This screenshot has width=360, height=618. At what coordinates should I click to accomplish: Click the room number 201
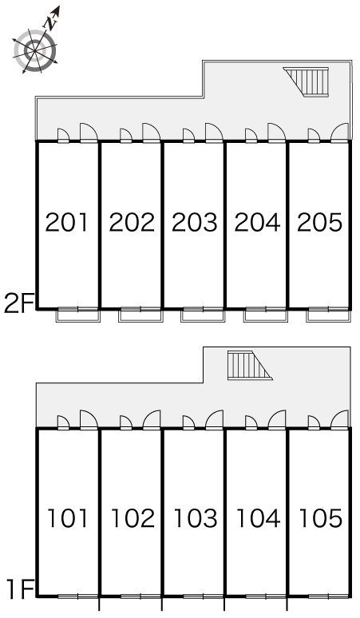pos(66,222)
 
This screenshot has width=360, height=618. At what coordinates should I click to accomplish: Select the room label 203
pos(195,222)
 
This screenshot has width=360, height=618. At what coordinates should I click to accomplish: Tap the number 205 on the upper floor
pos(319,222)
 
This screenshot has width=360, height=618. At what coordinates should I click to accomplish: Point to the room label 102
pos(133,518)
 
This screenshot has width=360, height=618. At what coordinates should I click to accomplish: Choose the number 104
pos(259,518)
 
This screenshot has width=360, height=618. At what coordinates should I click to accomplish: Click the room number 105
pos(321,518)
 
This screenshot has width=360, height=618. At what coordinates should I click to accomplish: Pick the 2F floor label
pos(18,303)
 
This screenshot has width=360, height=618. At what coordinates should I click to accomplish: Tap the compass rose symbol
pos(35,50)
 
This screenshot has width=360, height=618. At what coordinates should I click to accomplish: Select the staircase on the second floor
pos(307,81)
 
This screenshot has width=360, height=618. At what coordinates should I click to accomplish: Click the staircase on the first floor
pos(250,366)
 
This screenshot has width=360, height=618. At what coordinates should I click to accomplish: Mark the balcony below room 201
pos(78,315)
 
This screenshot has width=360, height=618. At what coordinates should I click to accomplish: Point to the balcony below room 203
pos(203,315)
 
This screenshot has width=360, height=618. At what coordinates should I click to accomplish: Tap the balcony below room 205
pos(328,315)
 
